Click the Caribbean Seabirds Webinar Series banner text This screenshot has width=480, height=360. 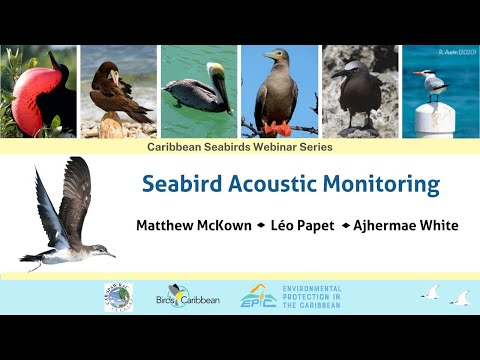tap(239, 147)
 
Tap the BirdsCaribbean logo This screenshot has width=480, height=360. tap(187, 296)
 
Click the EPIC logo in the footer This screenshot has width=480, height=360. tap(258, 297)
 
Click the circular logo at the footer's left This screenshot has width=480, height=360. tap(118, 296)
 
